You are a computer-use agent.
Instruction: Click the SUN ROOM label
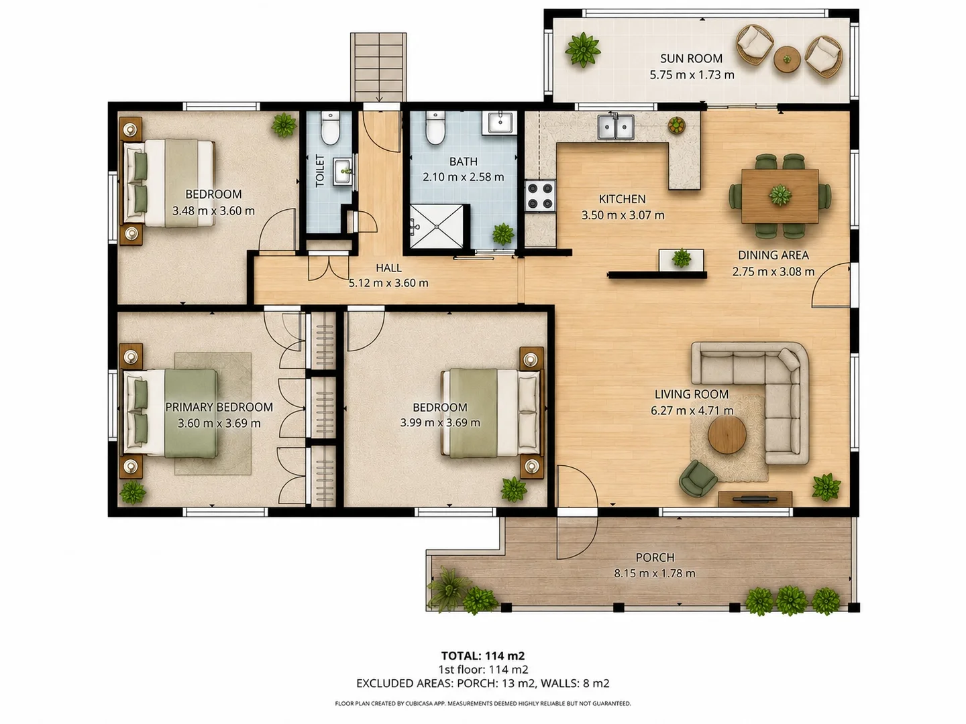pos(691,58)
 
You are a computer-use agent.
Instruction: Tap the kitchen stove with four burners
pos(540,196)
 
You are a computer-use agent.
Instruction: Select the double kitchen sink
pos(616,127)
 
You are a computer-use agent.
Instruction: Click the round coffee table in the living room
pos(727,435)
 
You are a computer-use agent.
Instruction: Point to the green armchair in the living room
pos(698,478)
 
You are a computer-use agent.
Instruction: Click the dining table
pos(780,196)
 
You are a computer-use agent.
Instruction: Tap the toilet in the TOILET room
pos(330,128)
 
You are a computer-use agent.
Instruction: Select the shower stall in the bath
pos(436,227)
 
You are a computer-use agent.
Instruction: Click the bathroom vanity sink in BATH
pos(500,123)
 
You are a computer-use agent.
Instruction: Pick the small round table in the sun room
pos(787,59)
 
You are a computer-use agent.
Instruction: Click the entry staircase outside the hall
pos(378,67)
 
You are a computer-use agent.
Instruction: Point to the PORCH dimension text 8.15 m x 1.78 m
pos(655,573)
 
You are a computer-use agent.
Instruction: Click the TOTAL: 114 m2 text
pos(483,656)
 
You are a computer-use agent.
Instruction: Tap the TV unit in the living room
pos(755,499)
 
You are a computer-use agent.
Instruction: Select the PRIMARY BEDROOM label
pos(219,407)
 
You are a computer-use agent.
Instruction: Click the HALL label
pos(388,267)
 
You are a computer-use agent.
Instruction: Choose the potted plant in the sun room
pos(583,50)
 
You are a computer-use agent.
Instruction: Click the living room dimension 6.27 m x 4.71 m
pos(692,410)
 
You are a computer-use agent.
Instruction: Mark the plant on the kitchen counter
pos(676,125)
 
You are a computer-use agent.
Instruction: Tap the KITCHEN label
pos(623,199)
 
